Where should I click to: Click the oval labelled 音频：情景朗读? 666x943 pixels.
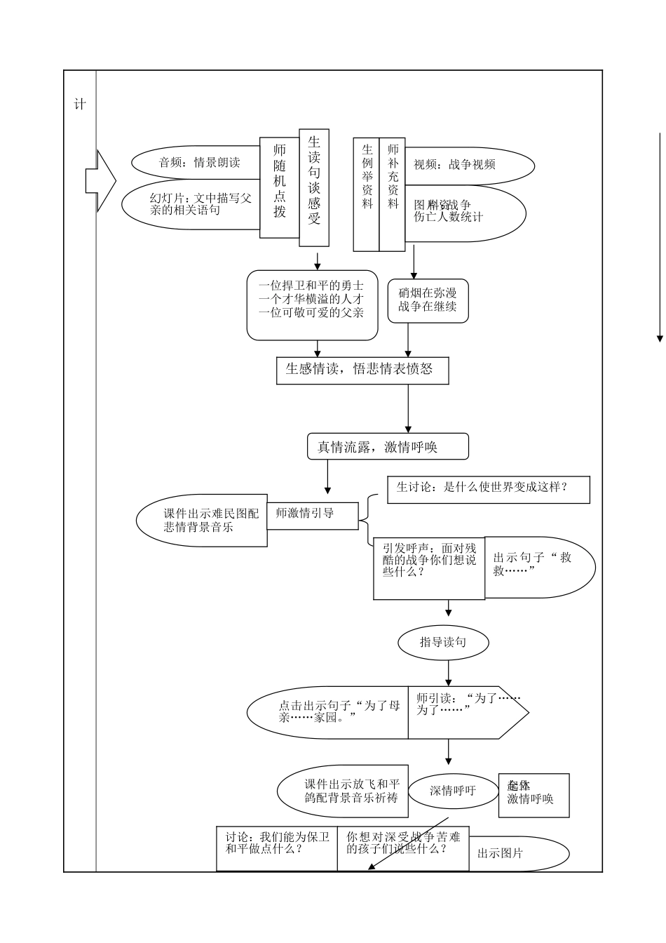click(196, 163)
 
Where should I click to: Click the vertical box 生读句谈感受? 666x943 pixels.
click(314, 188)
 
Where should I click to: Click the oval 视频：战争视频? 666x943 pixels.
click(470, 165)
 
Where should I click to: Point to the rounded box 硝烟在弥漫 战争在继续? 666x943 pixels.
click(428, 300)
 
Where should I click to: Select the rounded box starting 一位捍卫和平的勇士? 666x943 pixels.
click(312, 305)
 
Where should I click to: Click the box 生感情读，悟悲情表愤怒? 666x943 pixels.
click(362, 370)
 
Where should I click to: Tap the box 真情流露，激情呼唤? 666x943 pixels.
click(388, 447)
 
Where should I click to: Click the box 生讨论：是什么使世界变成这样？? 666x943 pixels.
click(488, 489)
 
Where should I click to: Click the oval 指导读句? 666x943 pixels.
click(443, 642)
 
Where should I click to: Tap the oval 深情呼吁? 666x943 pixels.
click(453, 791)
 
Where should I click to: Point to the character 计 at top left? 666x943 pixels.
click(80, 105)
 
